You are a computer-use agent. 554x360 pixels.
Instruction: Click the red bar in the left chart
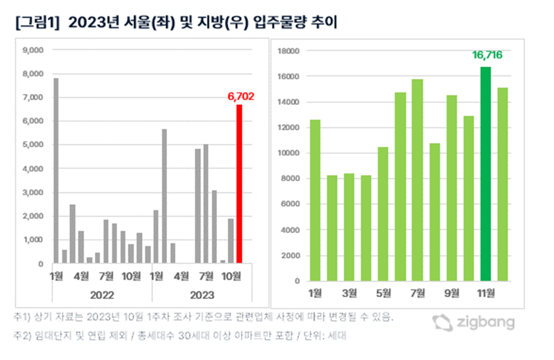239,184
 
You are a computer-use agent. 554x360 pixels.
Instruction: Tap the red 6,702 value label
242,95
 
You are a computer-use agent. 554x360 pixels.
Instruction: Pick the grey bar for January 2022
56,171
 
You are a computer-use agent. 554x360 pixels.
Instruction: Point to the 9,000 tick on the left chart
33,51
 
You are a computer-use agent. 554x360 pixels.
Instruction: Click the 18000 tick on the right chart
289,51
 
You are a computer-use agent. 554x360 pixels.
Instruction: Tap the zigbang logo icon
443,323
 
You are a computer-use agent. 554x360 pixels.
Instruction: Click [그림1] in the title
35,24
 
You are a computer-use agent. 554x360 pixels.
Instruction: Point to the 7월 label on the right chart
417,294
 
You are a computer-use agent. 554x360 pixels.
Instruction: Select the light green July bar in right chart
417,180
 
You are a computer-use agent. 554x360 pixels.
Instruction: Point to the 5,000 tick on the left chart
33,145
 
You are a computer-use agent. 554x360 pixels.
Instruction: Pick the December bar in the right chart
502,184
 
